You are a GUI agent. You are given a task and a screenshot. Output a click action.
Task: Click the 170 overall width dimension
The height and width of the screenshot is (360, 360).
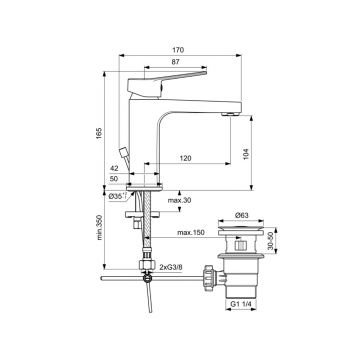(x=178, y=50)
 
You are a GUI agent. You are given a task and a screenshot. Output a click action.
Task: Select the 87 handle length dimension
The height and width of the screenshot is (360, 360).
(x=176, y=62)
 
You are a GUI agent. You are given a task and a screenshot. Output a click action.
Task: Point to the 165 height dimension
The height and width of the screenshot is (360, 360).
(x=100, y=133)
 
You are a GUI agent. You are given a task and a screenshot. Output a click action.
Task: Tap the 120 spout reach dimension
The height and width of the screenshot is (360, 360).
(x=185, y=158)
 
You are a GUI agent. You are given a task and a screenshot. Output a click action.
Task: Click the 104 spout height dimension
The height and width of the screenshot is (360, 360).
(x=247, y=153)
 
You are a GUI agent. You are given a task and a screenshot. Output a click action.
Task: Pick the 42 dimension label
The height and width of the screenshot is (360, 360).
(x=114, y=169)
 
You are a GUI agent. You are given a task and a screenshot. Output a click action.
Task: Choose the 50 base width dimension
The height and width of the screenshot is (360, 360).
(x=114, y=179)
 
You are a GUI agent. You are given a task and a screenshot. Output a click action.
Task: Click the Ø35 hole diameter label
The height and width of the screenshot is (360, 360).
(x=116, y=196)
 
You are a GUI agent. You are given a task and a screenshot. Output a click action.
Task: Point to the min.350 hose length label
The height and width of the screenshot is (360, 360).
(x=100, y=228)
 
